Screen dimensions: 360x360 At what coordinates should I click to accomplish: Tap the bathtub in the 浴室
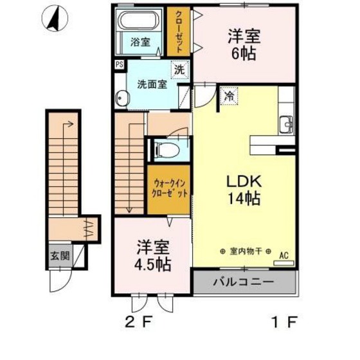pyautogui.click(x=138, y=20)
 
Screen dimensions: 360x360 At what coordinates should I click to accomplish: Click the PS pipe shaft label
pyautogui.click(x=119, y=64)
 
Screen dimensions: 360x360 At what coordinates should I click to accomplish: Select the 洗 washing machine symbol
pyautogui.click(x=179, y=70)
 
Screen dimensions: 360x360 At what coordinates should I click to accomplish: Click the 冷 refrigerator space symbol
pyautogui.click(x=229, y=96)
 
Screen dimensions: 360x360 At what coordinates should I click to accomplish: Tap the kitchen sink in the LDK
pyautogui.click(x=287, y=125)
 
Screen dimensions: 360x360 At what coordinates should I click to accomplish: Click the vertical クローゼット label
pyautogui.click(x=179, y=32)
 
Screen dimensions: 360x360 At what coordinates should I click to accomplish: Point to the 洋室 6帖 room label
pyautogui.click(x=244, y=45)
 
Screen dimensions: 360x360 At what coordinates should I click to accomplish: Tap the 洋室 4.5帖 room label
pyautogui.click(x=153, y=256)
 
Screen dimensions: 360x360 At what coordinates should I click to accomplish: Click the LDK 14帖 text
pyautogui.click(x=244, y=190)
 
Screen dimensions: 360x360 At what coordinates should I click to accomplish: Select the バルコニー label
pyautogui.click(x=244, y=282)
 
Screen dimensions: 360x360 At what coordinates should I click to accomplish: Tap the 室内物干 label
pyautogui.click(x=246, y=251)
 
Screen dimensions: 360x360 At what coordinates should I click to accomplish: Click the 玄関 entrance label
pyautogui.click(x=60, y=256)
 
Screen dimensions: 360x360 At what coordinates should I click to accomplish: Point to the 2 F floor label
pyautogui.click(x=139, y=321)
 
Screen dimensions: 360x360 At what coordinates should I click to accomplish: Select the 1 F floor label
pyautogui.click(x=284, y=321)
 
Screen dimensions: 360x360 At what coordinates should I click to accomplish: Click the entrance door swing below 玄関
pyautogui.click(x=60, y=280)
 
